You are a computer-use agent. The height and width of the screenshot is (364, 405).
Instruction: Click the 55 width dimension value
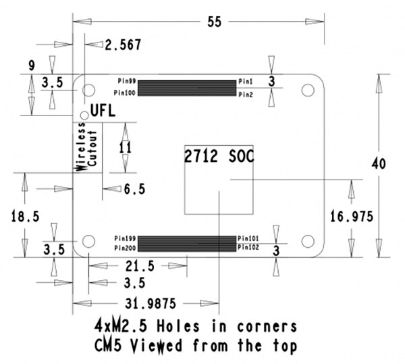pyautogui.click(x=215, y=22)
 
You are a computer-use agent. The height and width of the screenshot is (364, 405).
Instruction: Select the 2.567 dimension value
pyautogui.click(x=123, y=45)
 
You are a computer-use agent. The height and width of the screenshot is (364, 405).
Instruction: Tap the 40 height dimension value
pyautogui.click(x=379, y=164)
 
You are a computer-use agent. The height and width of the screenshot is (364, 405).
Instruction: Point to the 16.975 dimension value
pyautogui.click(x=352, y=217)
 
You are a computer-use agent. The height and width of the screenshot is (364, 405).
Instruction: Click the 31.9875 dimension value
pyautogui.click(x=151, y=303)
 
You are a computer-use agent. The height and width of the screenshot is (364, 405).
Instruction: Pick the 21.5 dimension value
pyautogui.click(x=140, y=266)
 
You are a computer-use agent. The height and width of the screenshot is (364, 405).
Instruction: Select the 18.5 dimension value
pyautogui.click(x=25, y=216)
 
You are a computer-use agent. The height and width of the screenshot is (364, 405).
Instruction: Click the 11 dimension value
pyautogui.click(x=126, y=147)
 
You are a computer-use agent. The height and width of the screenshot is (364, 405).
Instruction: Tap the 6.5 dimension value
pyautogui.click(x=134, y=189)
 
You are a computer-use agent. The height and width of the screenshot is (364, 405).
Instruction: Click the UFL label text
pyautogui.click(x=103, y=111)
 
